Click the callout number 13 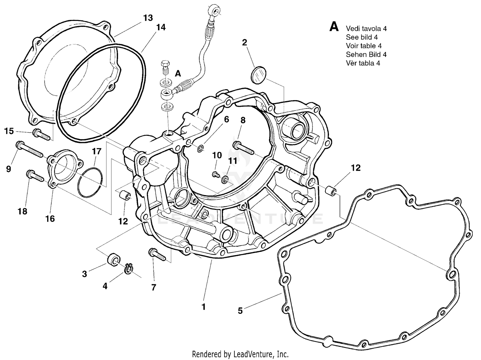pos(148,18)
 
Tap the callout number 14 pos(161,28)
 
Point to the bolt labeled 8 pos(244,147)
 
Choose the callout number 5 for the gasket pos(240,311)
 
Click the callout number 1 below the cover pos(203,307)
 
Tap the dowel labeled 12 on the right pos(331,191)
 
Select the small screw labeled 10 pos(215,174)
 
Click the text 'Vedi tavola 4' pos(366,29)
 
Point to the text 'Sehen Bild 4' pos(366,55)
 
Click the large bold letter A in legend pos(334,27)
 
